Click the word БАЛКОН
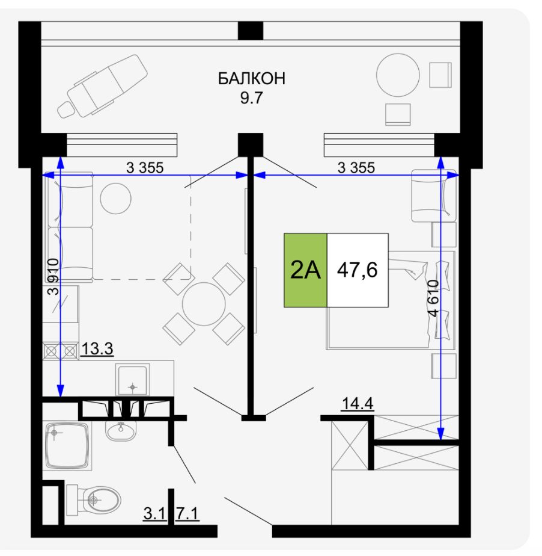(x=251, y=78)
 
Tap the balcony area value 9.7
(x=251, y=97)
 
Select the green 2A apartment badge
(x=305, y=270)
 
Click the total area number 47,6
(x=357, y=270)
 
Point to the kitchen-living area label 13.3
(x=97, y=348)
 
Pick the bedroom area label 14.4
(x=358, y=403)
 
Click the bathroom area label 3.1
(x=154, y=513)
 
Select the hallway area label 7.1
(x=187, y=513)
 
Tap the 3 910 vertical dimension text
(x=53, y=277)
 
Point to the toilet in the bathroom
(x=94, y=500)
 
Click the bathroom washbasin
(x=121, y=430)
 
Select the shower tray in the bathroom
(x=67, y=446)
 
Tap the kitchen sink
(x=132, y=380)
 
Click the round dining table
(x=204, y=304)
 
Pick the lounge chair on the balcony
(x=103, y=86)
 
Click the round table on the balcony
(x=398, y=75)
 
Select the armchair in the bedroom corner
(x=434, y=196)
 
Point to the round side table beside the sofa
(x=116, y=198)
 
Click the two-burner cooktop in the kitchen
(x=61, y=351)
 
